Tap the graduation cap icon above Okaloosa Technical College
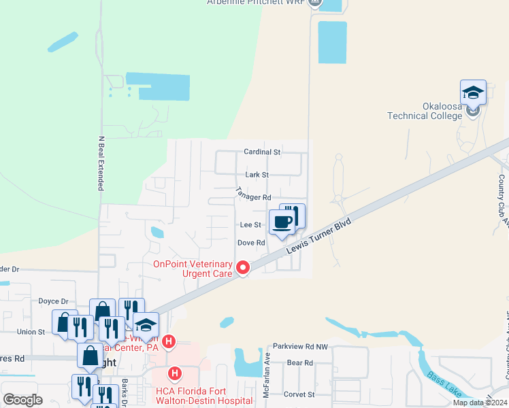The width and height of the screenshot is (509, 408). click(473, 92)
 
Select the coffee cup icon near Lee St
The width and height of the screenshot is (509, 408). click(282, 222)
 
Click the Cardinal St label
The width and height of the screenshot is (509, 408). click(263, 152)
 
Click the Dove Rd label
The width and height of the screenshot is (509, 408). click(250, 243)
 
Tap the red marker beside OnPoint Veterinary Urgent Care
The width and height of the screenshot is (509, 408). click(243, 269)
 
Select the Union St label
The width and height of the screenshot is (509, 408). click(31, 332)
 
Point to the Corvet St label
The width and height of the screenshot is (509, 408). click(299, 394)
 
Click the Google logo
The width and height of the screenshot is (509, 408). click(23, 400)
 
